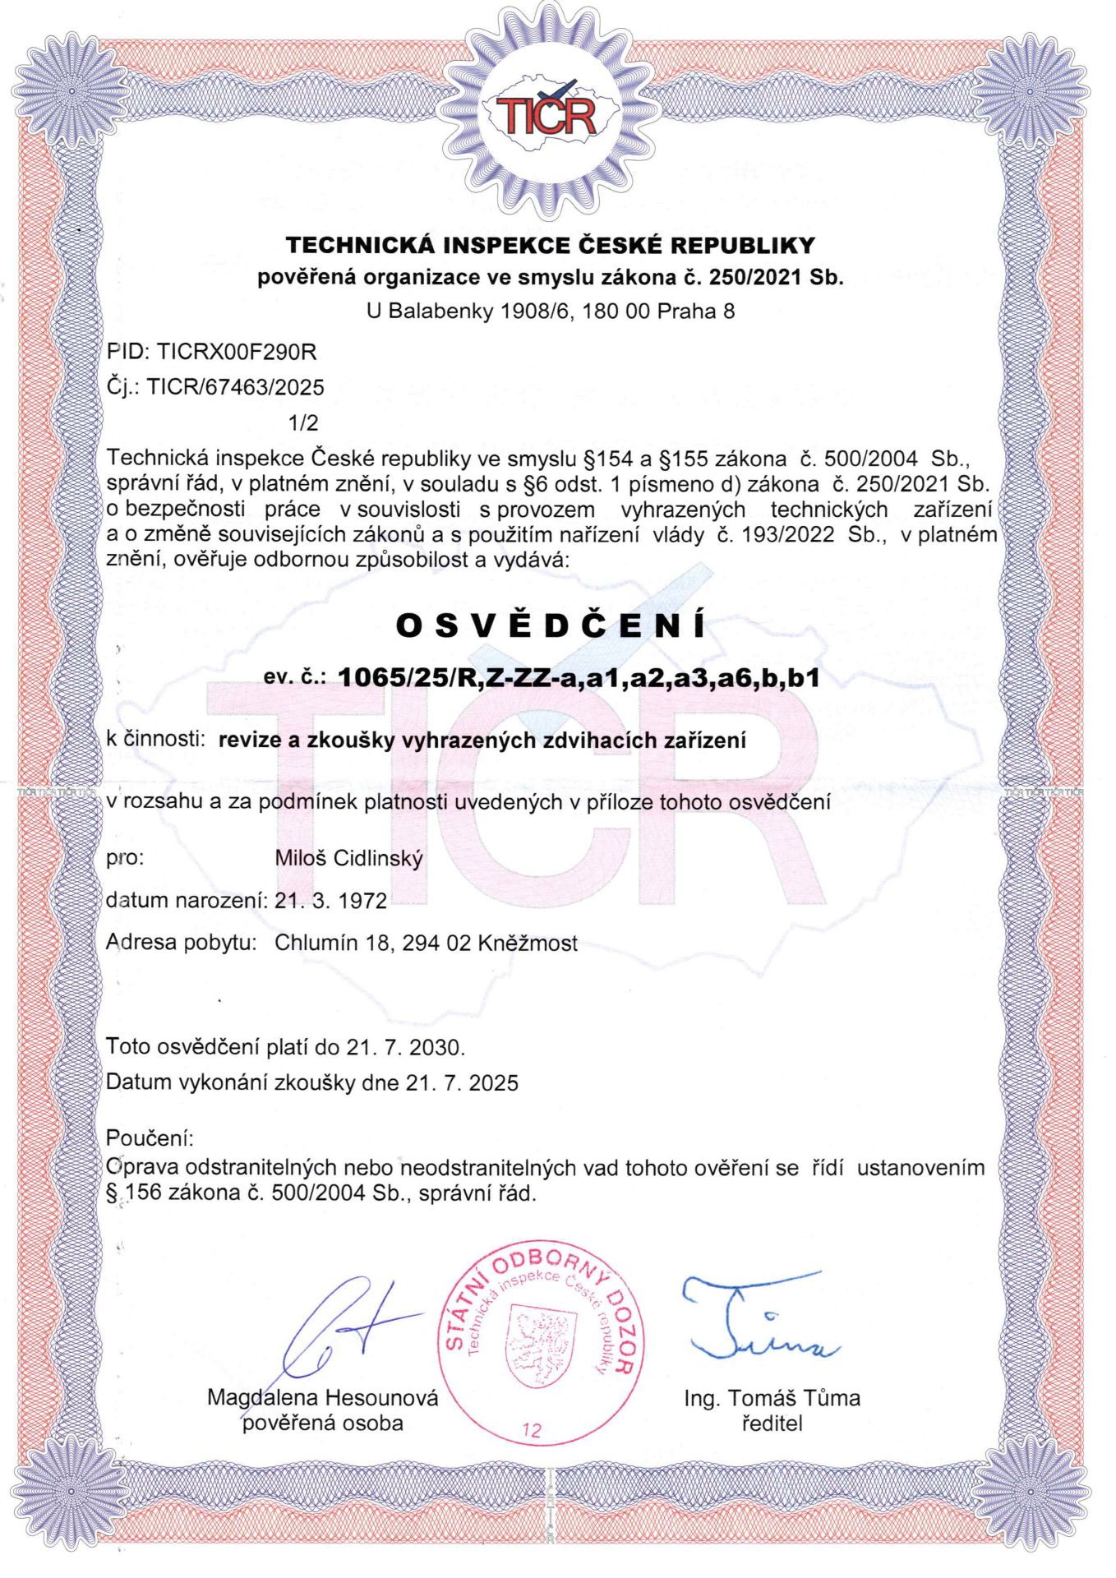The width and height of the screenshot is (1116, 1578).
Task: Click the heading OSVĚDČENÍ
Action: point(551,626)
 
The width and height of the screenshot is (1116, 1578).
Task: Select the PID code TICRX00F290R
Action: point(237,352)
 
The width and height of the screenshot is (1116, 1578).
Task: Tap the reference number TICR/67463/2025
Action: point(236,387)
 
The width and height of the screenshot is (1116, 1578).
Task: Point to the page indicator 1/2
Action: point(303,423)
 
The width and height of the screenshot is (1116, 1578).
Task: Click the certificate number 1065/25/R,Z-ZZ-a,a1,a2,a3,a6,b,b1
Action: point(579,678)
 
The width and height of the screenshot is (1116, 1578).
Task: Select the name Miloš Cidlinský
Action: point(348,859)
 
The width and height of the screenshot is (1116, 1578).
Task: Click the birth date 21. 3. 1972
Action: point(330,901)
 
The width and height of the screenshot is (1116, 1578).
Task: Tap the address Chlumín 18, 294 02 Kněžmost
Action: point(426,943)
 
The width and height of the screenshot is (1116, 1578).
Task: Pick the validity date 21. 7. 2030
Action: point(406,1047)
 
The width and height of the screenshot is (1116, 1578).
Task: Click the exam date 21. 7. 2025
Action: point(462,1082)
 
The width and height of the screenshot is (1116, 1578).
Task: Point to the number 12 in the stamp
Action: point(532,1430)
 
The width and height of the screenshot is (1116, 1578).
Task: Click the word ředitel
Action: point(772,1423)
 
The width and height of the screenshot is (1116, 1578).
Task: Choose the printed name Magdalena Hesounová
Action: point(322,1397)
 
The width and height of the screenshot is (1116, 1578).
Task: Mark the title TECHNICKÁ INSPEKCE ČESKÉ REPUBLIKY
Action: point(551,245)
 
